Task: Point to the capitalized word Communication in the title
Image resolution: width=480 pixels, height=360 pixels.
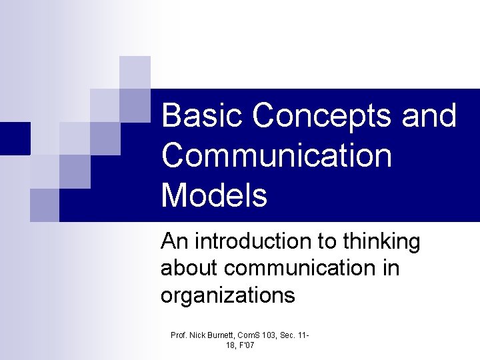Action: [277, 155]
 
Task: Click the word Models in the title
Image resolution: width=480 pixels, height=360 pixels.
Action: [214, 196]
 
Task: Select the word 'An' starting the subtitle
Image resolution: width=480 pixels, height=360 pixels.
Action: [173, 241]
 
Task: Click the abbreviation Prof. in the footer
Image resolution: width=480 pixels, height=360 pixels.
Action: [179, 335]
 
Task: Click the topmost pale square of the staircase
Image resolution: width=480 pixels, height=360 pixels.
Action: [135, 72]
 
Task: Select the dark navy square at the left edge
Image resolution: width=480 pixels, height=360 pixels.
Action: [15, 139]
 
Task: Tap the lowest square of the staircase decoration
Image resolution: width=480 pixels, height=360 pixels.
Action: [45, 205]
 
